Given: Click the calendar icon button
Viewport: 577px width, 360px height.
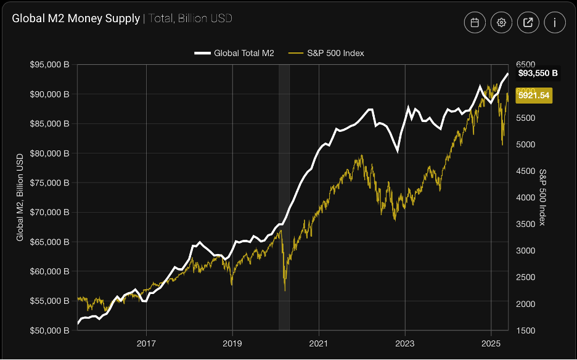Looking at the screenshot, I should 475,23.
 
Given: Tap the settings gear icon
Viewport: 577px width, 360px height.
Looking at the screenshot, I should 502,23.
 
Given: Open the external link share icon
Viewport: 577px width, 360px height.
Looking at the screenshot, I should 528,23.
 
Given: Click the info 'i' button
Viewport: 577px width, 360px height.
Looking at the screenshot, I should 555,23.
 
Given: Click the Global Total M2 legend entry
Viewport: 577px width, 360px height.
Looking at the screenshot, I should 235,53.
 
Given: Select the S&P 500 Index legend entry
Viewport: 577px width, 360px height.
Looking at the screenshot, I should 327,53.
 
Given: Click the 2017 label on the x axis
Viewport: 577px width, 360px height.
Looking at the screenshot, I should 146,343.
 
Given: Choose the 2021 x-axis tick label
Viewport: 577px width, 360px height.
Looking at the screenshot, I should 319,343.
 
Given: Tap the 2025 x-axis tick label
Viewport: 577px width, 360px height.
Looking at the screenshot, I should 491,343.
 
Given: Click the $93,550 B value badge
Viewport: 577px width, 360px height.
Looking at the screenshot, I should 538,73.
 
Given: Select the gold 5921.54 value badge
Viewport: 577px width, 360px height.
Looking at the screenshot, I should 533,96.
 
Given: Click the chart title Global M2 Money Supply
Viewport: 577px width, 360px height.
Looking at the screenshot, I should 76,18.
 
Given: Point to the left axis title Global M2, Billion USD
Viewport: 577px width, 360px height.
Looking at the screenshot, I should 20,197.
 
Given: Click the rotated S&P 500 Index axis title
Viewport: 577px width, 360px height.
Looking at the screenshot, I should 542,197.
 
